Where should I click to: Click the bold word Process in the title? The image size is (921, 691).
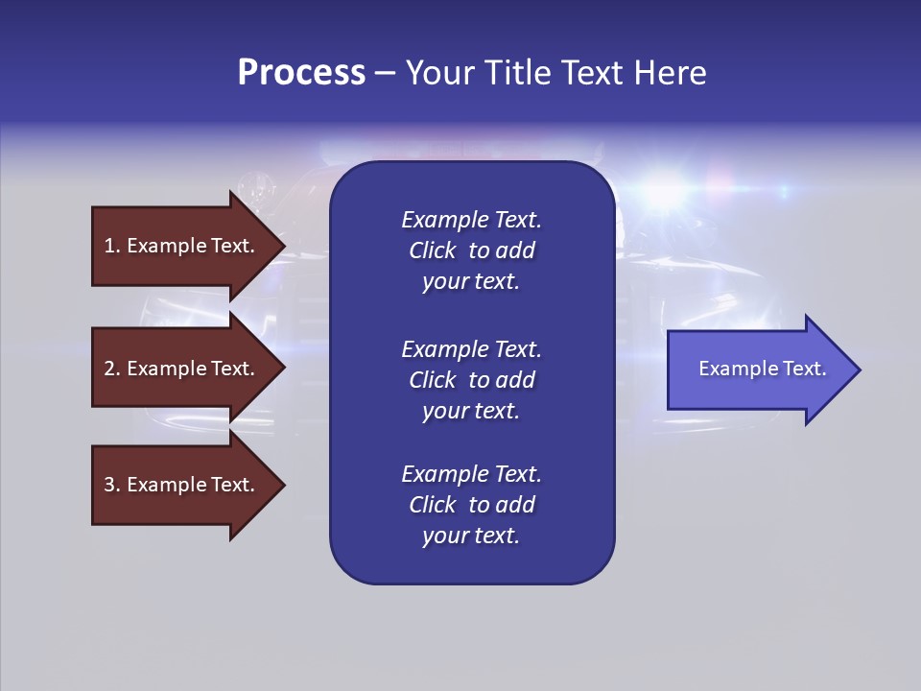pyautogui.click(x=301, y=73)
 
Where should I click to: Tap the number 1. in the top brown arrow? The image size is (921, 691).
pyautogui.click(x=111, y=246)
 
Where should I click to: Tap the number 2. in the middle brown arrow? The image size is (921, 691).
pyautogui.click(x=111, y=369)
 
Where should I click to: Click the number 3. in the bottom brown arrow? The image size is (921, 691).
pyautogui.click(x=111, y=485)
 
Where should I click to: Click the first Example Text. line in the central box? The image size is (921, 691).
pyautogui.click(x=471, y=220)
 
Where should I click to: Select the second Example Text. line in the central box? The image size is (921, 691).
pyautogui.click(x=471, y=349)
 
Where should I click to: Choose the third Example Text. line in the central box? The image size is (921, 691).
pyautogui.click(x=471, y=474)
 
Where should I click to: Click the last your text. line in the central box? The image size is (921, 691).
pyautogui.click(x=471, y=536)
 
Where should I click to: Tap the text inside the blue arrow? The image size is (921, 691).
pyautogui.click(x=762, y=369)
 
